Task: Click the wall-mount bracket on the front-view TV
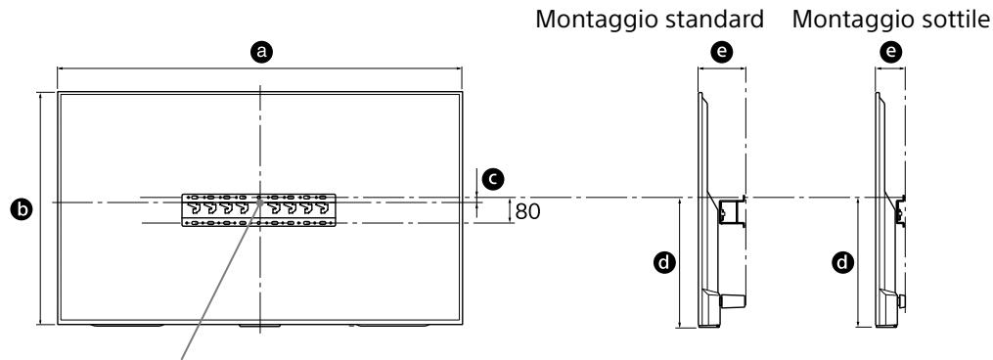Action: coord(258,209)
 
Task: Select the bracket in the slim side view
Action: coord(899,208)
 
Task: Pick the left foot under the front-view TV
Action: coord(121,326)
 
